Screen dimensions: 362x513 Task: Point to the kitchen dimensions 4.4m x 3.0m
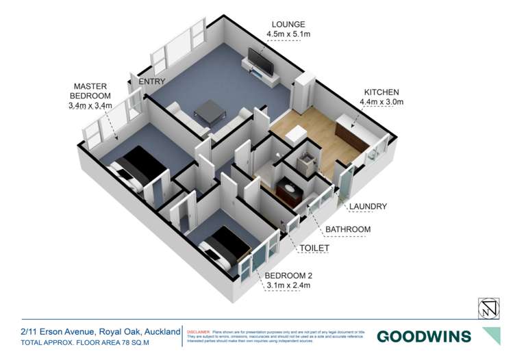pyautogui.click(x=381, y=103)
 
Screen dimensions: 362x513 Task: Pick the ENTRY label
pyautogui.click(x=151, y=82)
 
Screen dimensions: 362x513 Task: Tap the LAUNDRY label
pyautogui.click(x=367, y=207)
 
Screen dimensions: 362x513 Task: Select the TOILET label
pyautogui.click(x=314, y=248)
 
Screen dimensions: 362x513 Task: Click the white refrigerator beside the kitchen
pyautogui.click(x=303, y=91)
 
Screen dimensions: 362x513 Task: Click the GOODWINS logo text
pyautogui.click(x=424, y=336)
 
